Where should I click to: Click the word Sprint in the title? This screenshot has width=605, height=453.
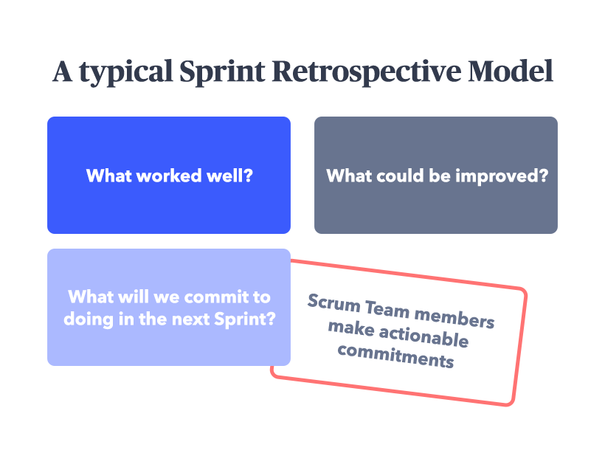(222, 72)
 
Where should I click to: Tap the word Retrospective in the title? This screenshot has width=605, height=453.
(367, 72)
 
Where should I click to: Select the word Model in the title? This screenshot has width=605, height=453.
(511, 72)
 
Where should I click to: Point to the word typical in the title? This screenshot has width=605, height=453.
(125, 72)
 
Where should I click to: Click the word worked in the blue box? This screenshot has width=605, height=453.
(169, 176)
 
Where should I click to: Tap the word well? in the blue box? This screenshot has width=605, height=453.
(229, 176)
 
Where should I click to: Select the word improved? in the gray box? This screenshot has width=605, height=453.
(502, 177)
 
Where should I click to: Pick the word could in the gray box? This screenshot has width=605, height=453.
(400, 176)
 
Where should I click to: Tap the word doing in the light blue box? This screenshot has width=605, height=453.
(89, 320)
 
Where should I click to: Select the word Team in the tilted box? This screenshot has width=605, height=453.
(387, 309)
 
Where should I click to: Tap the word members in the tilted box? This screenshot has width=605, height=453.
(454, 318)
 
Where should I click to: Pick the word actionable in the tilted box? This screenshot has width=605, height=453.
(424, 336)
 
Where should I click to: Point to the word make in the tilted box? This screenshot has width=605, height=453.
(351, 328)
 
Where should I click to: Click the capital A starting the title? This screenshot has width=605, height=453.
(63, 72)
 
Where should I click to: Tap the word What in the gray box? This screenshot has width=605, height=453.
(349, 176)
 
